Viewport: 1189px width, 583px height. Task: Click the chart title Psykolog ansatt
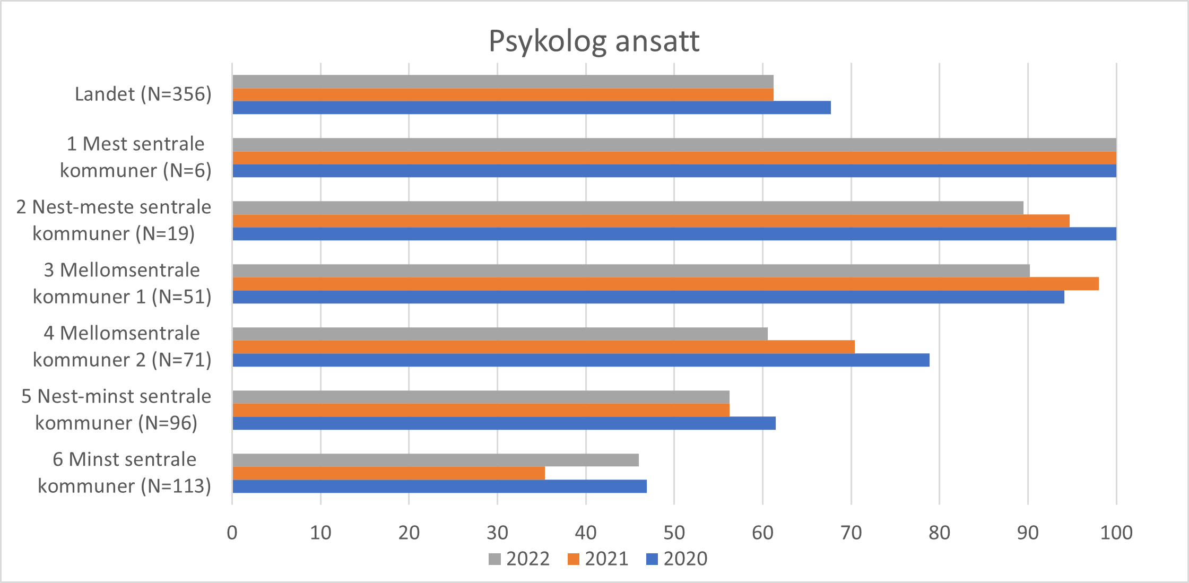coord(594,41)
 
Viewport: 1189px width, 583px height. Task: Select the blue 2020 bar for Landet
coord(531,108)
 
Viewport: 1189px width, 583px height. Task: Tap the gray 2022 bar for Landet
coord(502,82)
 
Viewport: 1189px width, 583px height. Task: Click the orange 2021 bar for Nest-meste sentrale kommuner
coord(650,221)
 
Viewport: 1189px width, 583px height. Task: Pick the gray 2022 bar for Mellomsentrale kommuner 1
coord(631,271)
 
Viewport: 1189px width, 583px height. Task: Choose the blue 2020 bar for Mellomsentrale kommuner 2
coord(580,360)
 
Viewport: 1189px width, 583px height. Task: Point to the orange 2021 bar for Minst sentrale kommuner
coord(388,473)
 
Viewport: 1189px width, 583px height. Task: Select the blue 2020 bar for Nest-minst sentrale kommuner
coord(504,423)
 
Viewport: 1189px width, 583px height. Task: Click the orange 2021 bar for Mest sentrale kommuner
coord(674,158)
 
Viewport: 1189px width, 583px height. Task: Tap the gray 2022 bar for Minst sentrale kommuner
coord(435,460)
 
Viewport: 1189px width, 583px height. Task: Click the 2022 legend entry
coord(519,559)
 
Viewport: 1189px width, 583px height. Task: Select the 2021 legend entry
coord(598,559)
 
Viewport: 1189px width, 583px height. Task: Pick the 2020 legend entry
coord(677,559)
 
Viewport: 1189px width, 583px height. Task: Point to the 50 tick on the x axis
coord(674,533)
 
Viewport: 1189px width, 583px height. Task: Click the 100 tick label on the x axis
coord(1116,533)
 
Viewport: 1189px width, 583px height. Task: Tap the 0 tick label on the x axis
coord(232,533)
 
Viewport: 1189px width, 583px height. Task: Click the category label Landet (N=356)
coord(143,94)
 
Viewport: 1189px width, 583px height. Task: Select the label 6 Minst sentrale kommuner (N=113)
coord(124,473)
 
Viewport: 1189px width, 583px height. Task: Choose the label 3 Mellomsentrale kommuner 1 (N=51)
coord(122,283)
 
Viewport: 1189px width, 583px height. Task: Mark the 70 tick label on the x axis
coord(851,533)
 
